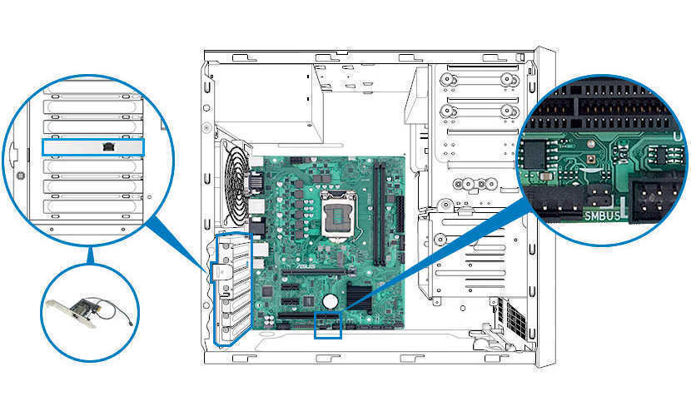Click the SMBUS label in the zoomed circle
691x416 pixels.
tap(602, 215)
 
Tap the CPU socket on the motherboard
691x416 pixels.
tap(339, 215)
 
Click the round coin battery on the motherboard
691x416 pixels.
tap(330, 301)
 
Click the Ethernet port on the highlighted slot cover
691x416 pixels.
tap(108, 146)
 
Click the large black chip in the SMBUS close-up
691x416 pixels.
tap(534, 154)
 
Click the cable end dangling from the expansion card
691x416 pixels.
tap(131, 324)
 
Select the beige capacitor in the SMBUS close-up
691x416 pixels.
tap(545, 176)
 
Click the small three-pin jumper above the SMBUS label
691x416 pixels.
tap(599, 194)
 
